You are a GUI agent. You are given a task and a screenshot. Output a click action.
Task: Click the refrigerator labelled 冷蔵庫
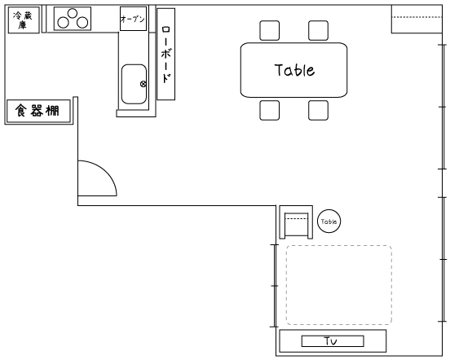(x=24, y=20)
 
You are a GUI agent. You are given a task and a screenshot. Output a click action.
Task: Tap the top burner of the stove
(x=73, y=13)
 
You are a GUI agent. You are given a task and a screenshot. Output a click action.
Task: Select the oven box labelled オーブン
(x=133, y=19)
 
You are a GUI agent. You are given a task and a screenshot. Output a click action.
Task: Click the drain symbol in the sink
(x=143, y=84)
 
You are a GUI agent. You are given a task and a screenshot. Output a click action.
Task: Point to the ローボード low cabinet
(x=165, y=55)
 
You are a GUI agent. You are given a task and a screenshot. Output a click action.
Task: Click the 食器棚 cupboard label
(x=37, y=111)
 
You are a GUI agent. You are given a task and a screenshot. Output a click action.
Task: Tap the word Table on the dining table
(x=294, y=70)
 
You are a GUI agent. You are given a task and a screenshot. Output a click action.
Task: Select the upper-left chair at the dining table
(x=270, y=30)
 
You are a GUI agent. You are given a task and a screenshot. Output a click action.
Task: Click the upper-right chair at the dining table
(x=318, y=30)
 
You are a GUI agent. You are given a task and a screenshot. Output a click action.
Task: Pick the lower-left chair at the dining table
(x=270, y=110)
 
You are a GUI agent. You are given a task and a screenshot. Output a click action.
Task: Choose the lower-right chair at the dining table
(x=318, y=110)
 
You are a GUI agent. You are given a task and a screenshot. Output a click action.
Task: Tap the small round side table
(x=329, y=222)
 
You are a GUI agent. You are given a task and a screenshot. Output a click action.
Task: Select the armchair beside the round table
(x=296, y=222)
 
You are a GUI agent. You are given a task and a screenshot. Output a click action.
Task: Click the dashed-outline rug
(x=339, y=285)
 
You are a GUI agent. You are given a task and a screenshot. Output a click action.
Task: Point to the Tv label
(x=331, y=341)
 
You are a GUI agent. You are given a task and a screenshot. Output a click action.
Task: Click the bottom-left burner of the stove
(x=63, y=23)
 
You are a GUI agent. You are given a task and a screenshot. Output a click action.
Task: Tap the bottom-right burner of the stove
(x=82, y=23)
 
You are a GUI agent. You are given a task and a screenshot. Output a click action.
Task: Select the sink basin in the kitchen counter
(x=134, y=84)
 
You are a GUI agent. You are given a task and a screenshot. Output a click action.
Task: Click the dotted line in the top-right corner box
(x=417, y=17)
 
